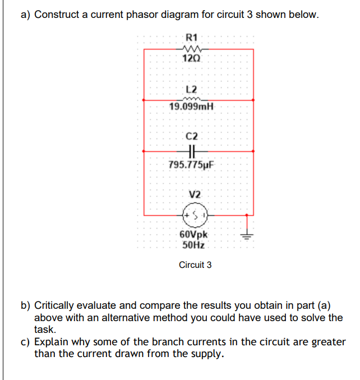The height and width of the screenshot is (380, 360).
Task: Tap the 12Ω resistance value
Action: click(x=192, y=58)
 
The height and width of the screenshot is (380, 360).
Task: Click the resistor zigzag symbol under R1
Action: click(x=192, y=48)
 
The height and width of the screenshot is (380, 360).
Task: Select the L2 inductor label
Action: click(x=191, y=89)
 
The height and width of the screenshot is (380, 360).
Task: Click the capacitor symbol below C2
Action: click(x=192, y=151)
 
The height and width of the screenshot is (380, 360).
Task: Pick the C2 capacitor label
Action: click(x=192, y=136)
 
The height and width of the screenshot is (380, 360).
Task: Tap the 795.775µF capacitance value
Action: click(x=192, y=165)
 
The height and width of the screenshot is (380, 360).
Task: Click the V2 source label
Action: click(x=195, y=194)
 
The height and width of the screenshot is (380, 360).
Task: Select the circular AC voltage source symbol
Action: click(x=195, y=214)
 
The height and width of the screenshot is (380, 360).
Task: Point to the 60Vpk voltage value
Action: click(x=193, y=235)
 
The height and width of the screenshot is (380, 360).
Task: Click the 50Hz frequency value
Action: click(x=193, y=245)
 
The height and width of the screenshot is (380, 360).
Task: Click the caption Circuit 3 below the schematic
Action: click(x=195, y=265)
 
